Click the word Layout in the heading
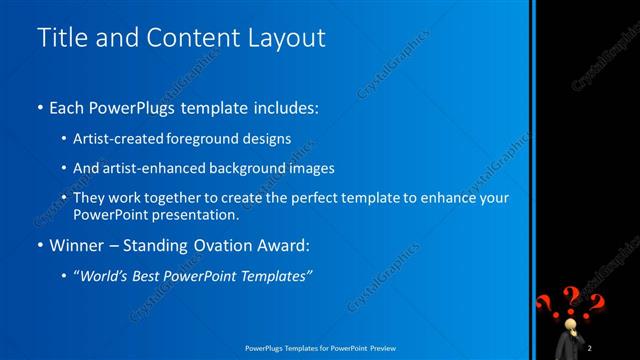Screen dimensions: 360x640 click(284, 38)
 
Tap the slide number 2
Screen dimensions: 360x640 click(591, 347)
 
